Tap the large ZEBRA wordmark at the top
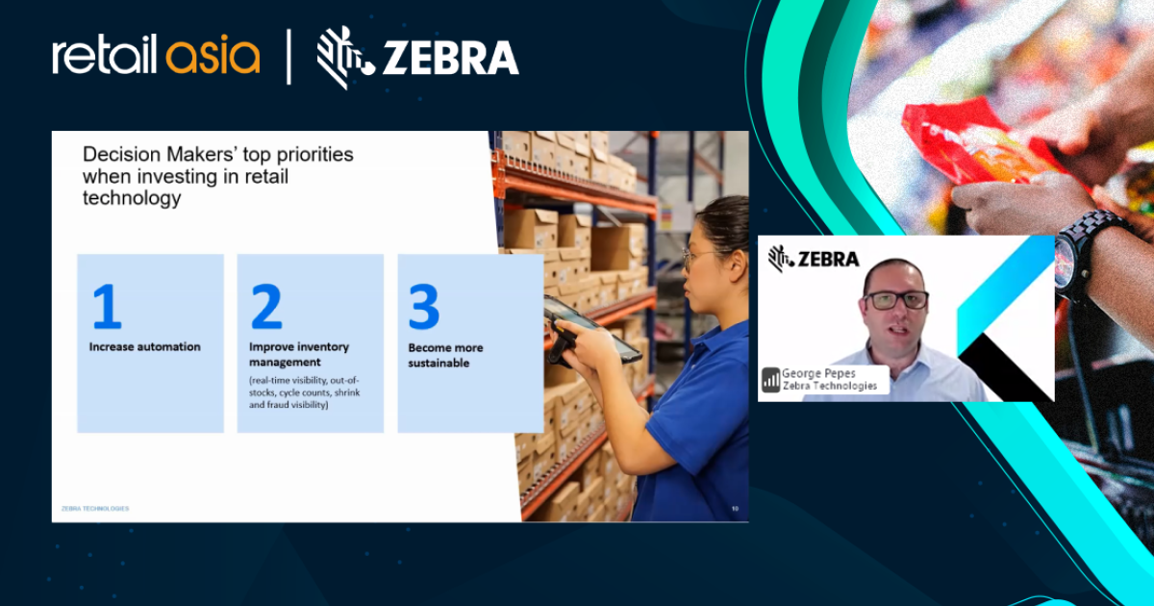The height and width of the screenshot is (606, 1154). pos(450,60)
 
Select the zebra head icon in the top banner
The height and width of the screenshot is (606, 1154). pos(344,59)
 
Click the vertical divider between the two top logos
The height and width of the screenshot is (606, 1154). pos(288,58)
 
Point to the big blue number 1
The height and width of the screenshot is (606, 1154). pos(106,306)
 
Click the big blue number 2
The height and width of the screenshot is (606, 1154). pos(265,306)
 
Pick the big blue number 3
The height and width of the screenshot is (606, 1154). pos(424,306)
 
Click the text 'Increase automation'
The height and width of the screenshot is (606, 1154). pos(145,346)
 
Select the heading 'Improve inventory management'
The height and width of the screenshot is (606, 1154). pos(299,354)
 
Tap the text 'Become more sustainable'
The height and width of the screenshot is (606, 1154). pos(445,355)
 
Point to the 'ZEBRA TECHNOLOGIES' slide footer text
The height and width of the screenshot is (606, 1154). pos(94,508)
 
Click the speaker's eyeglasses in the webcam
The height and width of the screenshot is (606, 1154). pos(895,299)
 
